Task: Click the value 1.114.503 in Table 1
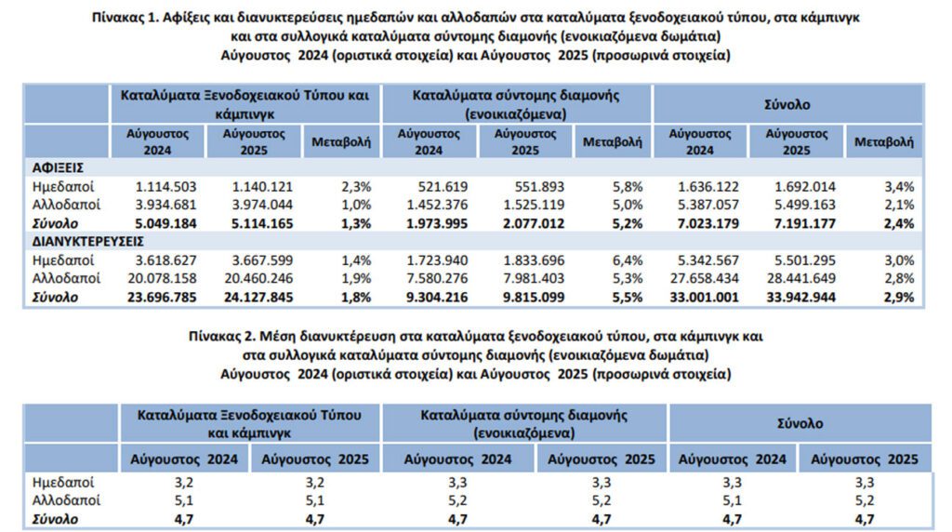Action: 165,186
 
